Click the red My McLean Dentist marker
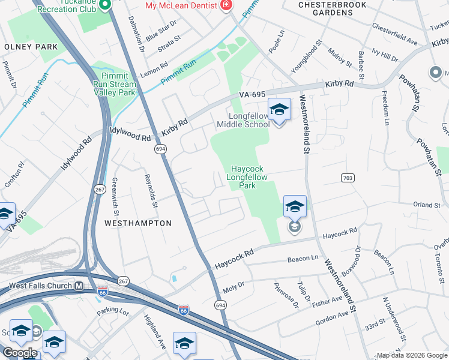pos(226,6)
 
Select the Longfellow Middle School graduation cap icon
pos(279,110)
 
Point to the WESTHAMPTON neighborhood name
pos(138,223)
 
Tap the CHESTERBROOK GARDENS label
pos(334,8)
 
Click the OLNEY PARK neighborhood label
pos(31,47)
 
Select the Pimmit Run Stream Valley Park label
pos(114,85)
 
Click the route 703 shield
pos(348,178)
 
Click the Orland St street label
pos(427,205)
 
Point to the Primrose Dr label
pos(286,295)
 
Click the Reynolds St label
pos(151,191)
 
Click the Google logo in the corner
pos(19,353)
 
